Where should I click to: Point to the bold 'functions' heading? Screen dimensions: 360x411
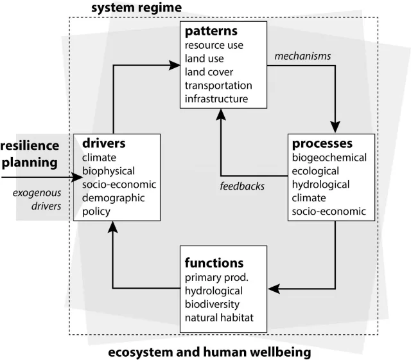click(x=214, y=263)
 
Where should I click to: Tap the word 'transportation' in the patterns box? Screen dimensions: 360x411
click(x=218, y=85)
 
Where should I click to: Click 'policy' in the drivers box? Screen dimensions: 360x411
click(x=96, y=212)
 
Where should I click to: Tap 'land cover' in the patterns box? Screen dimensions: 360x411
click(x=209, y=72)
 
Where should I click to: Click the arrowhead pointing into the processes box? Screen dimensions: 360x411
click(x=335, y=127)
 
